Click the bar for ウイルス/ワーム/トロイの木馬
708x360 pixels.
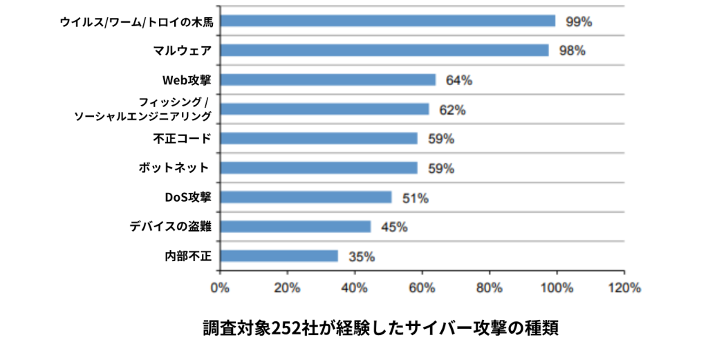click(387, 21)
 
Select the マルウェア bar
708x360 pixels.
click(384, 50)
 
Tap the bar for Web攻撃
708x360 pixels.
click(328, 79)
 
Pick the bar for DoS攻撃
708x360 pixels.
click(306, 198)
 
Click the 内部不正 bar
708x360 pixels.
click(279, 256)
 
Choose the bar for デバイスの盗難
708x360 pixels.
click(295, 227)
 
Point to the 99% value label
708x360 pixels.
click(579, 21)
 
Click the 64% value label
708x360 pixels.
click(459, 80)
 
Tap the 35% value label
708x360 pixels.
click(362, 257)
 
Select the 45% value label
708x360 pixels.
click(394, 227)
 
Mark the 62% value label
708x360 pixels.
click(452, 110)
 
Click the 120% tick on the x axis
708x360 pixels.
click(624, 288)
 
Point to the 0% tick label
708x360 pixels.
click(220, 288)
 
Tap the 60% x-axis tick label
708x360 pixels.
click(422, 288)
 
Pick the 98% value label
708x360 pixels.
click(572, 51)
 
